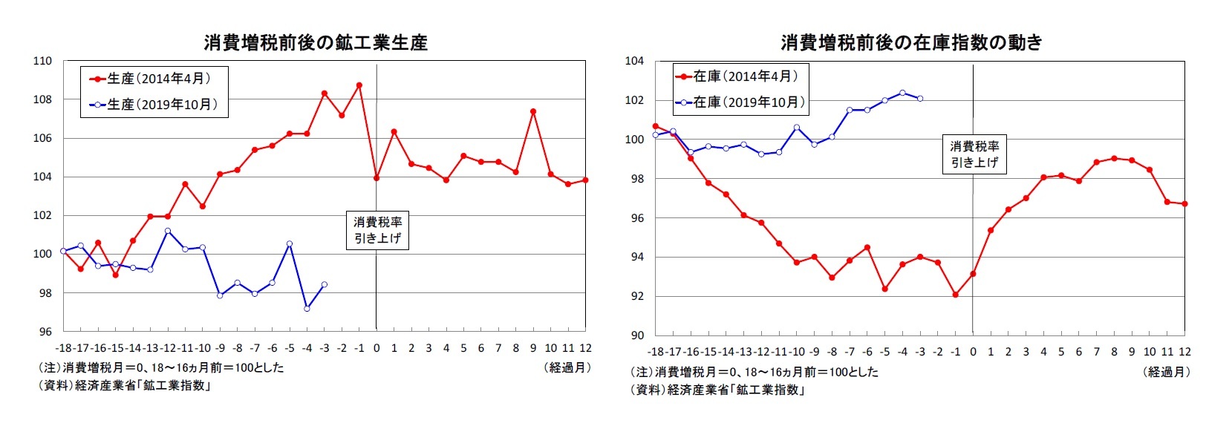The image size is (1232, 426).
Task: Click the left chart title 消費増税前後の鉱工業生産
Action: (x=316, y=42)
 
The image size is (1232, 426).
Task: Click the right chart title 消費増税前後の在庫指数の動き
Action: (x=911, y=42)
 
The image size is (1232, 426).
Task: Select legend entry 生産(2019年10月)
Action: (x=155, y=105)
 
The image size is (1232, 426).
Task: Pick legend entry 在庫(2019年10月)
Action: (x=740, y=102)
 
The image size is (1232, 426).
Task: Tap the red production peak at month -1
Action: (x=359, y=85)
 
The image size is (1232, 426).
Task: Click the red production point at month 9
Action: (x=533, y=112)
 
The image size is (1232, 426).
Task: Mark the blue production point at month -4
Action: (x=307, y=308)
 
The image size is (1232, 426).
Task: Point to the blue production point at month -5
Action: (x=289, y=243)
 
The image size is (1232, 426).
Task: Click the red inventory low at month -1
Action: (x=955, y=295)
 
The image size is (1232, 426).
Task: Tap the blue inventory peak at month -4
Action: (x=902, y=93)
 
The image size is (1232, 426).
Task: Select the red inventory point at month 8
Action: (x=1114, y=158)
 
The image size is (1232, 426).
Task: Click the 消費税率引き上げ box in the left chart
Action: (x=377, y=230)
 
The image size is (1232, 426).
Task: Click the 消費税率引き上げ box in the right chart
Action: (x=974, y=154)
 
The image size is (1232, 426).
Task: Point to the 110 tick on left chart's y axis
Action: (x=43, y=61)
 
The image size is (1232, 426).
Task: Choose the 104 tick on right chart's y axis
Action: (x=634, y=61)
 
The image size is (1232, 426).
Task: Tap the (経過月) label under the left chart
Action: (x=567, y=367)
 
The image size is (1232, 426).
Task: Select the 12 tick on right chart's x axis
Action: (x=1184, y=352)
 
